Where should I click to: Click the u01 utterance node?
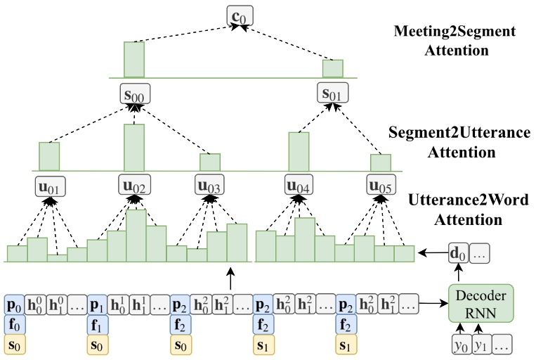(x=48, y=187)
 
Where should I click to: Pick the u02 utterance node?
(x=133, y=187)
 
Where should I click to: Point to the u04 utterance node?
(x=299, y=187)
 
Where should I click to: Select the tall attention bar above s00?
(x=134, y=59)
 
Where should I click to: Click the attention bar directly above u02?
(x=134, y=147)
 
